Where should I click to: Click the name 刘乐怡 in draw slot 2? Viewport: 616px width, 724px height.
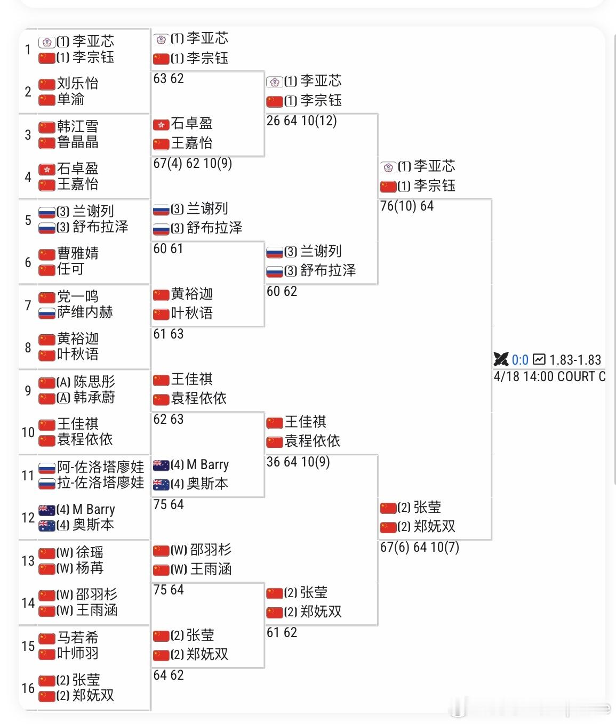click(x=78, y=83)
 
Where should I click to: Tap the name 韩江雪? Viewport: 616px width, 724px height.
click(x=78, y=126)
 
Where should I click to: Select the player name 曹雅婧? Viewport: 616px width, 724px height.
click(x=78, y=253)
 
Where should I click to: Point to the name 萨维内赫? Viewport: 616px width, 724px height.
click(x=85, y=312)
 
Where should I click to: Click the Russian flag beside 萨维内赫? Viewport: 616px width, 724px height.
click(x=47, y=313)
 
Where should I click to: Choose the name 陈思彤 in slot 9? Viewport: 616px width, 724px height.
click(x=94, y=382)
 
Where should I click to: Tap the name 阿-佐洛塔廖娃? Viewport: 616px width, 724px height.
click(x=100, y=467)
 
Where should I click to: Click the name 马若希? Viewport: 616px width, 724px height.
click(x=78, y=637)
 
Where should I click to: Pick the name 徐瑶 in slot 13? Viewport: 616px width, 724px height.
click(x=90, y=552)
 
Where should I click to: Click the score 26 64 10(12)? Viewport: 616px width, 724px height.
click(x=301, y=121)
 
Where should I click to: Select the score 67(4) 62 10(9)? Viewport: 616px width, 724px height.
click(x=192, y=164)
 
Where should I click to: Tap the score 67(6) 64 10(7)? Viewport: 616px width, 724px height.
click(x=419, y=548)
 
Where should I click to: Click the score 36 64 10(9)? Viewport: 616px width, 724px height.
click(x=298, y=462)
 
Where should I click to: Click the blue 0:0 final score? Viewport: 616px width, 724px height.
click(x=520, y=360)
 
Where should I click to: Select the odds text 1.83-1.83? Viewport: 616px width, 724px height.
click(x=575, y=360)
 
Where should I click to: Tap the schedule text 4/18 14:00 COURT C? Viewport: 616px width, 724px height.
click(x=549, y=377)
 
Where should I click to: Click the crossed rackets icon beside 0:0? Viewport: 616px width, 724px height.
click(x=501, y=360)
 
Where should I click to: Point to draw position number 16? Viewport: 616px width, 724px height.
click(x=28, y=688)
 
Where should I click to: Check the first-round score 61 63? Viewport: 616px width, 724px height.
click(x=168, y=334)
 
